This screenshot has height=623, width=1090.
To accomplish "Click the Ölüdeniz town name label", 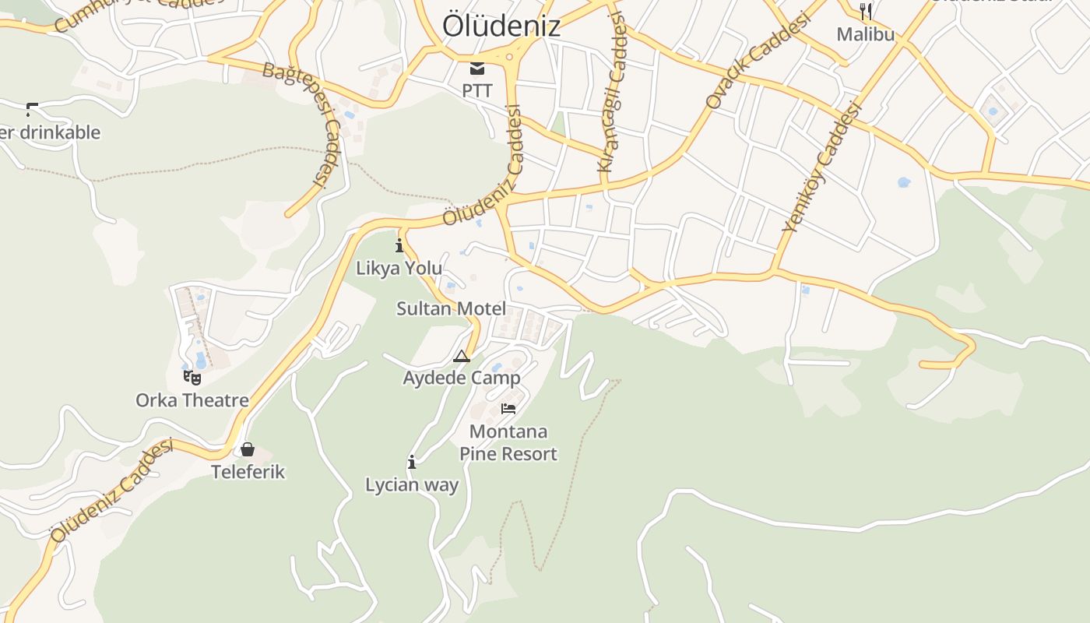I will point(501,26).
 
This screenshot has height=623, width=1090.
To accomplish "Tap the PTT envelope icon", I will point(476,69).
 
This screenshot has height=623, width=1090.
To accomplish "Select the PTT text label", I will point(476,90).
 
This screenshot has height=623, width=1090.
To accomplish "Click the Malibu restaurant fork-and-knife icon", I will point(865,11).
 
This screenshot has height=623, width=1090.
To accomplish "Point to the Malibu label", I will point(865,34).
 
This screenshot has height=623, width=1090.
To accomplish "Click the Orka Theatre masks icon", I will point(192,378).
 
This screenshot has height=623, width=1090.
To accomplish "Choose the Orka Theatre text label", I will point(192,400).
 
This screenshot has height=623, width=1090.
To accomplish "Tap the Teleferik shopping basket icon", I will point(248,449).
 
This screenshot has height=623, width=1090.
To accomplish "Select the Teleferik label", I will point(248,472).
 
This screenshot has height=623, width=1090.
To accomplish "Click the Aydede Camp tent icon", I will point(462,357).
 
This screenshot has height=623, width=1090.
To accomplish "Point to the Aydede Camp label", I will point(462,378).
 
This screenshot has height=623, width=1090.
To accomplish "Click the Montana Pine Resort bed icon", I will point(508,408).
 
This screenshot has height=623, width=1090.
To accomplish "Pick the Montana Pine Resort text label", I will point(508,442).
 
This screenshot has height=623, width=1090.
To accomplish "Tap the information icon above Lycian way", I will point(412,462).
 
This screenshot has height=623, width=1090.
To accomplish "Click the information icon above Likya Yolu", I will point(399,246).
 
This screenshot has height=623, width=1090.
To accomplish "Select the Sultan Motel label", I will point(451,308).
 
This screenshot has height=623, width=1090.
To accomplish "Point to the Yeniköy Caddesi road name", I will point(823,167).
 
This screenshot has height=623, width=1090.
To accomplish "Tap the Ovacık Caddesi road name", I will point(758,61).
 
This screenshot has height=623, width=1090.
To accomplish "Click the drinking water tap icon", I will point(32,109).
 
